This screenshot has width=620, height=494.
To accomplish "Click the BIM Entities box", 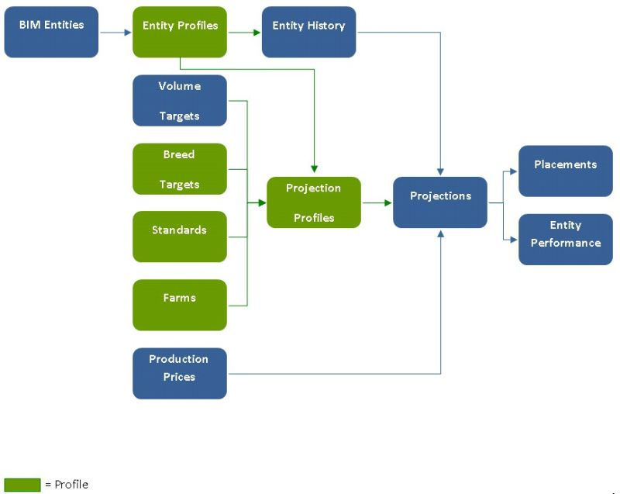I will click(51, 32).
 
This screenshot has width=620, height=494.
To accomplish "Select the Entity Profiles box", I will click(180, 32).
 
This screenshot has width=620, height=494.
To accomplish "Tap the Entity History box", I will click(308, 32).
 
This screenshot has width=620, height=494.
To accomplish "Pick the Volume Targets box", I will click(180, 100).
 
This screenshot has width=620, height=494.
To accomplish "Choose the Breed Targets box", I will click(180, 168).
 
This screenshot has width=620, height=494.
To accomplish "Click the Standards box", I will click(180, 237).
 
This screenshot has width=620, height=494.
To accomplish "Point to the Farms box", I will click(180, 305).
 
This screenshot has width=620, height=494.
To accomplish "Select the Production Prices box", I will click(180, 373).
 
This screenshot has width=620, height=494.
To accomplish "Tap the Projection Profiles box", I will click(313, 202).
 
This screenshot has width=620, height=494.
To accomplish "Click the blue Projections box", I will click(440, 202).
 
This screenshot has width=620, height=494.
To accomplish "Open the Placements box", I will click(565, 171).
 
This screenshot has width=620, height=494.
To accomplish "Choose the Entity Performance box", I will click(565, 239).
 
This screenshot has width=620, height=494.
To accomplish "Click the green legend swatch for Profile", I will click(22, 485).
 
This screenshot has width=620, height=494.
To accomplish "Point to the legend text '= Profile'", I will click(67, 485).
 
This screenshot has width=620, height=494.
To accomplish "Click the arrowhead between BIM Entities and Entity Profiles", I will click(128, 33).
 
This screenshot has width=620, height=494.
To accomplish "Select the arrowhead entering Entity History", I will click(257, 33).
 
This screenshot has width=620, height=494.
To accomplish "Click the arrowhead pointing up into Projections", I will click(440, 233).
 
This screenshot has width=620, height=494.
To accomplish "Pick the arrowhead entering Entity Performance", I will click(514, 240).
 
